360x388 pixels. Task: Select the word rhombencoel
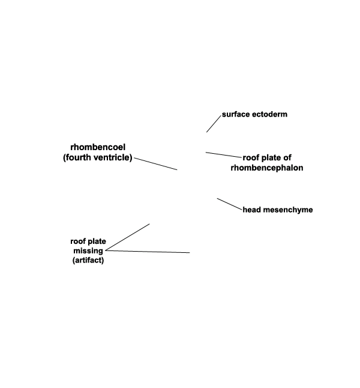98,147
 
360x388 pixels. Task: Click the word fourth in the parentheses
77,157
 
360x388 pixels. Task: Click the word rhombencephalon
267,168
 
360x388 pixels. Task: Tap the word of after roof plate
287,157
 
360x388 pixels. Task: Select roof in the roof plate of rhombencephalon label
251,157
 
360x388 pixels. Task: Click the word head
252,210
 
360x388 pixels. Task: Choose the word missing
88,251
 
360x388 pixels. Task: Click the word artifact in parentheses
88,260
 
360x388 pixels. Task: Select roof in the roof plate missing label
78,241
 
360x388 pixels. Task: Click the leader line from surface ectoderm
214,124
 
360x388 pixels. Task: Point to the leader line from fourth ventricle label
155,164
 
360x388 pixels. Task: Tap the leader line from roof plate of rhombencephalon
224,155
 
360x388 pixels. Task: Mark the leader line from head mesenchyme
229,204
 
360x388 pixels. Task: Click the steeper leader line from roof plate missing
127,237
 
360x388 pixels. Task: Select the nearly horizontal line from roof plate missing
148,252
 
